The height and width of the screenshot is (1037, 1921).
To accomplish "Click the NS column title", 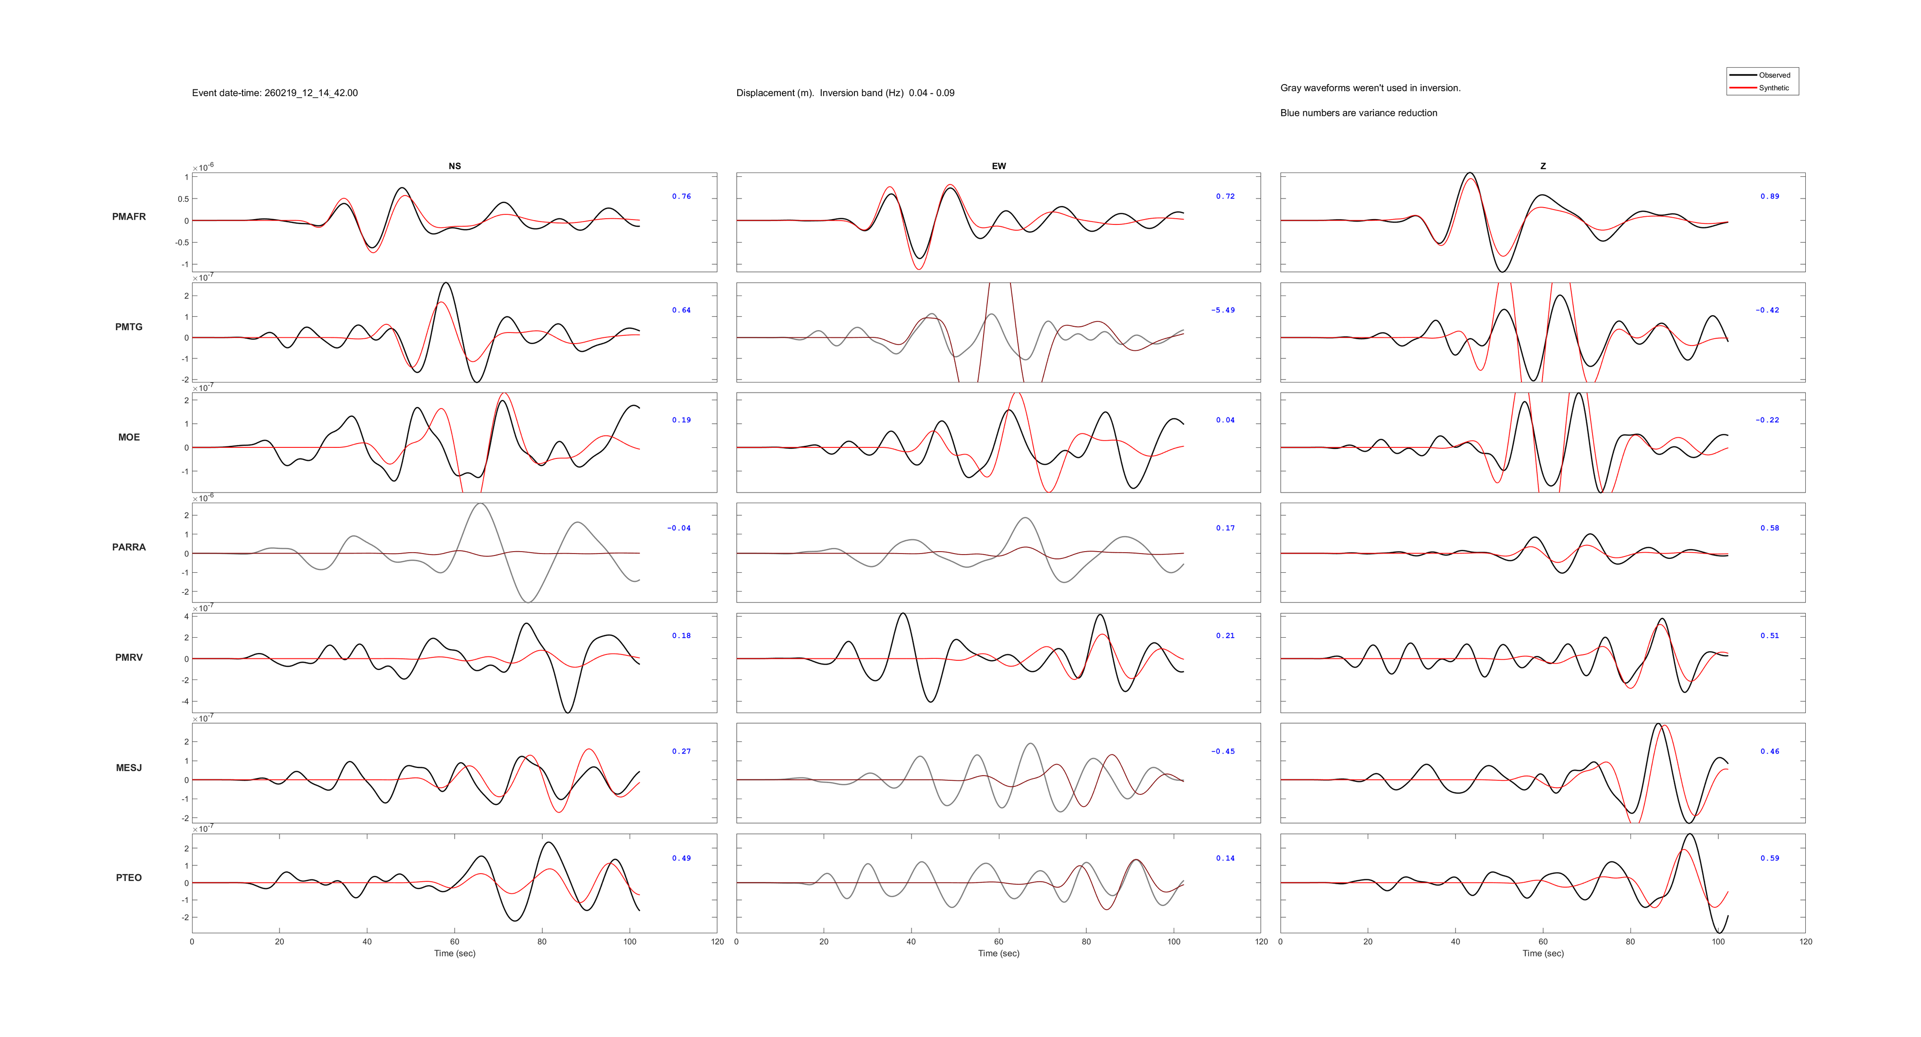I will tap(454, 166).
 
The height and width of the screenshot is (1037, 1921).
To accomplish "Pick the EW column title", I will tap(998, 166).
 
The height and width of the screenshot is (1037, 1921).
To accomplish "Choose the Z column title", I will tap(1543, 166).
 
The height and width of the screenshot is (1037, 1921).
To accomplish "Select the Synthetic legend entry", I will tap(1774, 88).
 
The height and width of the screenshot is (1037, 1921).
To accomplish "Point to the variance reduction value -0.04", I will tap(679, 528).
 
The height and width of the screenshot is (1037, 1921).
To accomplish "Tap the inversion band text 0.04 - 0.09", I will tap(931, 93).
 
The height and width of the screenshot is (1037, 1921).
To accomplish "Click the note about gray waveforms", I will tap(1370, 88).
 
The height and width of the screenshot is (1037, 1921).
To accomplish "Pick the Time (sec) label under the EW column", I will tap(998, 953).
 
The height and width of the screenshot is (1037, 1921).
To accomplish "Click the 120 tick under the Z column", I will tap(1805, 941).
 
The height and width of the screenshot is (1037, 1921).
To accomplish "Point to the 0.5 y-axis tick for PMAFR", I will tap(182, 199).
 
